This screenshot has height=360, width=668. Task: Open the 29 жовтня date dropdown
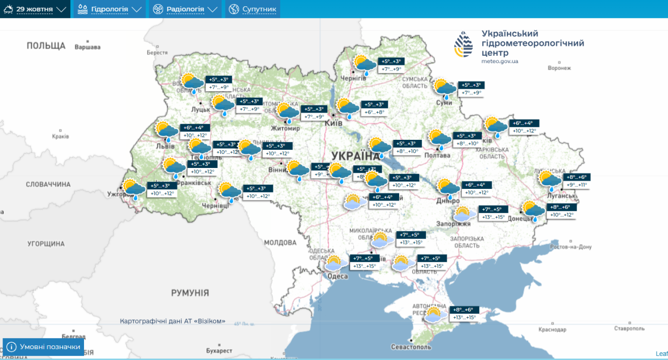coord(35,9)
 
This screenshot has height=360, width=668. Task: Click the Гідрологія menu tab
coord(109,9)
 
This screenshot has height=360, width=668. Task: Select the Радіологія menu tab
coord(185,9)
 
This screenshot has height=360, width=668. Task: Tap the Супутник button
coord(253,9)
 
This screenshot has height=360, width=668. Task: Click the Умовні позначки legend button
coord(44,347)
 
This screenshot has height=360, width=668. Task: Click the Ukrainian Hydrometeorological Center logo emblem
coord(464,45)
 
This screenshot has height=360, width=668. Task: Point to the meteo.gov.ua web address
coord(499,62)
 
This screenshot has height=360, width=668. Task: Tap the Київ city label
coord(333,123)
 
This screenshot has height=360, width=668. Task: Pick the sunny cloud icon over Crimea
coord(435,314)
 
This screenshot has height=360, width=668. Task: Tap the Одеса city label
coord(337,277)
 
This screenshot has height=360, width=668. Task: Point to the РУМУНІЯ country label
coord(190,293)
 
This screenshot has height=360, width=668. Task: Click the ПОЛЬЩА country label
coord(46,46)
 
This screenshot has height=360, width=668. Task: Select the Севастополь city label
coord(411,347)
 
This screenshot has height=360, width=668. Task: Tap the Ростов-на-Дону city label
coord(571,247)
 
